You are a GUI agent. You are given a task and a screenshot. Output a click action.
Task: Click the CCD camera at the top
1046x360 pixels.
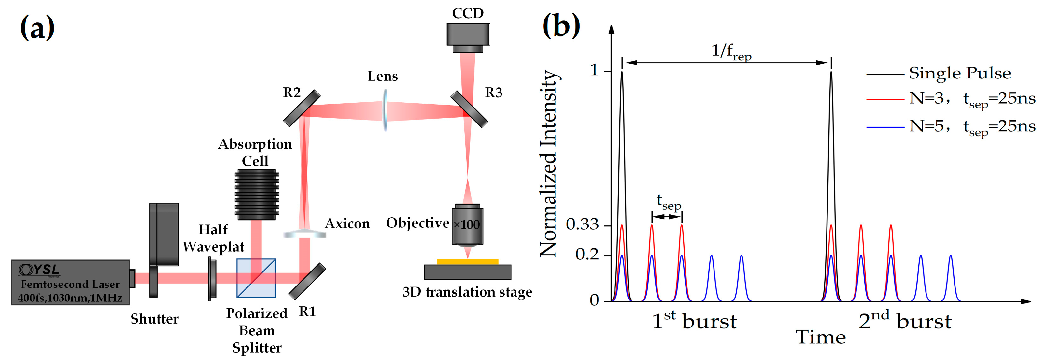(468, 36)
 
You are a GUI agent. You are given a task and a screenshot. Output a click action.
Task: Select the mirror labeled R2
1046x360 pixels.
(302, 108)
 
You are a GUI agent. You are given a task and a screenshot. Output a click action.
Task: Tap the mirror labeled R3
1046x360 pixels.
(469, 109)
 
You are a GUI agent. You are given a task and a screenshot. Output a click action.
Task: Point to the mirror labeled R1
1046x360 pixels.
(307, 281)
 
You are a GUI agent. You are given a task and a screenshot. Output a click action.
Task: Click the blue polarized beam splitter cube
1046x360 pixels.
(256, 278)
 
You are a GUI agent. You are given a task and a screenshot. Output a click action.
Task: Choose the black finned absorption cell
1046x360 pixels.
(257, 194)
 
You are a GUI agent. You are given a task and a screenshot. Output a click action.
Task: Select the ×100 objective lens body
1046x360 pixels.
(468, 225)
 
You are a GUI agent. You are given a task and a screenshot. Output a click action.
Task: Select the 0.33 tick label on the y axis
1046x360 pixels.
(582, 224)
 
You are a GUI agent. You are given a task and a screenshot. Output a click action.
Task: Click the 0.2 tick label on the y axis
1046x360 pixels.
(587, 254)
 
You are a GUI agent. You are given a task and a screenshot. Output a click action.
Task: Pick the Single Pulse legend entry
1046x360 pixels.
(959, 73)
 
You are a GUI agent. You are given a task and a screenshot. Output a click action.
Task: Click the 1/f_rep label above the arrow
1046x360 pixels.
(731, 52)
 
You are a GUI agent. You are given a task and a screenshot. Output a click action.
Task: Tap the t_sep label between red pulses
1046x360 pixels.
(668, 202)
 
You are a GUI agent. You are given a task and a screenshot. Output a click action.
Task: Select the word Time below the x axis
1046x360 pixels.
(820, 337)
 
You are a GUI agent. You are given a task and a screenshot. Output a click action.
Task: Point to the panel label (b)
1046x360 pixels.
(561, 26)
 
